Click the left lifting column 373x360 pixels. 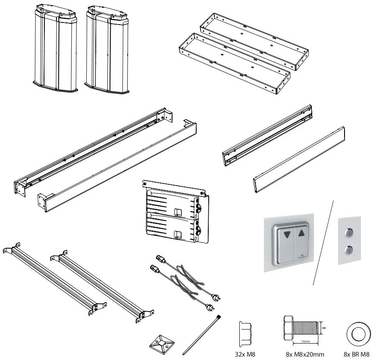pos(55,50)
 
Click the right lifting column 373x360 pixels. pos(107,50)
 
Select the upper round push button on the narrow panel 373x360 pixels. pos(348,232)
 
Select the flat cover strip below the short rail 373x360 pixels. pos(298,159)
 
